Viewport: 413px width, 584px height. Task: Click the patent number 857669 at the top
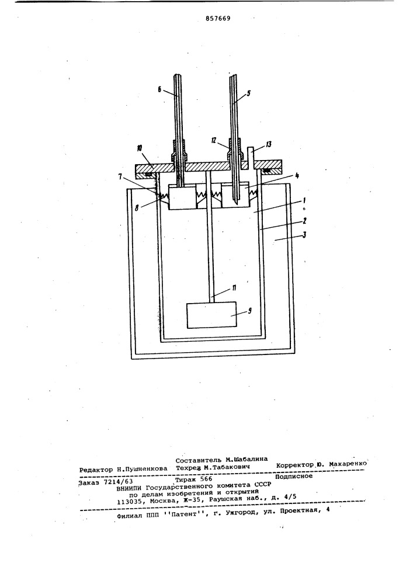tap(218, 18)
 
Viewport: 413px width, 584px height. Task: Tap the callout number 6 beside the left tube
tap(159, 90)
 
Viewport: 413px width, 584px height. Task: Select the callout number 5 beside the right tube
tap(248, 94)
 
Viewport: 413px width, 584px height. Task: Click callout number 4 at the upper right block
tap(296, 175)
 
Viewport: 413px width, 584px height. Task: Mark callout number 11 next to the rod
tap(224, 287)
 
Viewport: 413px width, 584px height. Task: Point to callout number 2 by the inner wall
tap(305, 221)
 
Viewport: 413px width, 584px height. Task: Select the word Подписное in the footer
tap(294, 476)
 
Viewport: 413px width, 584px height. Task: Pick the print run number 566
tap(206, 479)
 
